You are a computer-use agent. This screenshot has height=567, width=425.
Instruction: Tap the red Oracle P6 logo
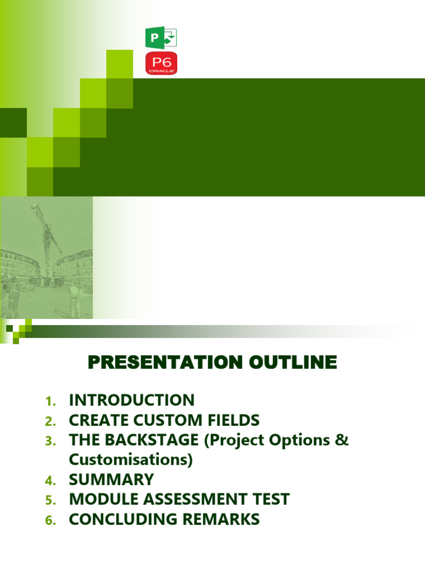point(160,64)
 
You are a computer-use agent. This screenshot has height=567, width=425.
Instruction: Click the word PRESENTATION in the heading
point(164,363)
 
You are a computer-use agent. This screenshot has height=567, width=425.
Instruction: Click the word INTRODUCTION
point(132,400)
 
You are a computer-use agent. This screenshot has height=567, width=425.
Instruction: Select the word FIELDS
point(232,420)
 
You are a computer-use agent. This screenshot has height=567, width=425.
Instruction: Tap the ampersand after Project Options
point(343,440)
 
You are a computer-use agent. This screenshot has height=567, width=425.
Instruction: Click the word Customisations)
point(131,460)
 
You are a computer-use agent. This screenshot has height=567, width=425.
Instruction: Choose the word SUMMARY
point(111,480)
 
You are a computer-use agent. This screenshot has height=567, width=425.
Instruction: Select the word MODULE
point(98,499)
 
